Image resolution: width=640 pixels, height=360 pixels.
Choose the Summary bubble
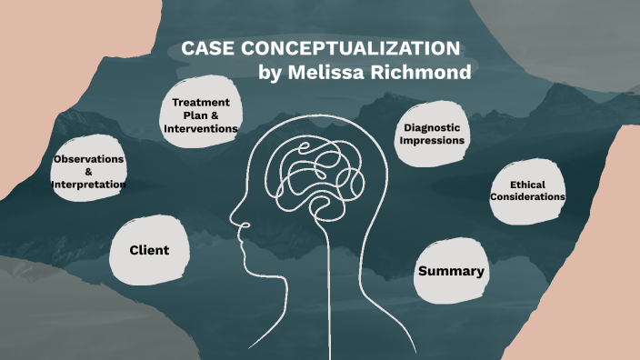tap(450, 271)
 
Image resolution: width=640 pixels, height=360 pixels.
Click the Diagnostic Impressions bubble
tap(434, 135)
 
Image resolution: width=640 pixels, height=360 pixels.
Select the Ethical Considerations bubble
tap(527, 190)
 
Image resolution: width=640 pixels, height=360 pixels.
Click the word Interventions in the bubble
tap(201, 129)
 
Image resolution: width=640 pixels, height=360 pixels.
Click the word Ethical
tap(527, 184)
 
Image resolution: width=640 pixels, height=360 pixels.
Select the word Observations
tap(88, 159)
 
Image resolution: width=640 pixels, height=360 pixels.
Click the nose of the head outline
tap(234, 219)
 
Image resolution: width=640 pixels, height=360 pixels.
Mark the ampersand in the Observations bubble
tap(88, 172)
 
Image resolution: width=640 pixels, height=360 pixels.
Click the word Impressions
tap(434, 141)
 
